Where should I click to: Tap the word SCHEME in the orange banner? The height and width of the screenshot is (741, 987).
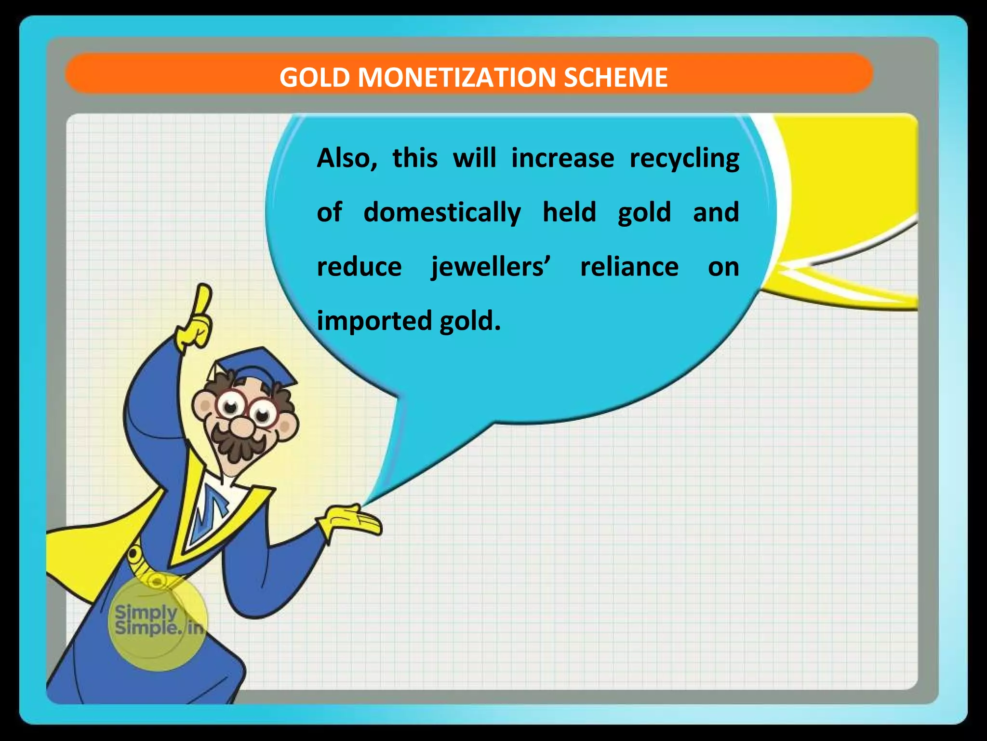615,77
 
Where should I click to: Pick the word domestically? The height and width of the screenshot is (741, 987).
442,213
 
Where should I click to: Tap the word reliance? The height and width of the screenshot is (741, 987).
629,266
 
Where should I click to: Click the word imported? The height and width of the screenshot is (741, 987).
374,321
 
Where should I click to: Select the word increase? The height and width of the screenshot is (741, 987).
562,158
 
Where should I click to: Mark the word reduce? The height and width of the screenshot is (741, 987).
359,267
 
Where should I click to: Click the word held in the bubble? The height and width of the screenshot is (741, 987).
569,212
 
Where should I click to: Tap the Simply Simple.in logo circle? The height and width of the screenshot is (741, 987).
158,622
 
